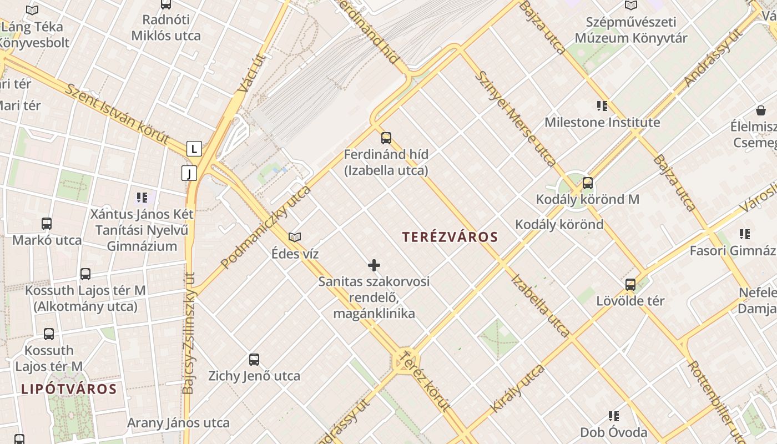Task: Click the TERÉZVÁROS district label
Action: (x=450, y=237)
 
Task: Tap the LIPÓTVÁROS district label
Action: (x=69, y=389)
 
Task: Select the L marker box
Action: (x=194, y=149)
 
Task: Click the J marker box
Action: (x=189, y=173)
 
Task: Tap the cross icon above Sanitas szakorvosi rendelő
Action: (x=374, y=265)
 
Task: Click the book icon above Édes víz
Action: (x=295, y=237)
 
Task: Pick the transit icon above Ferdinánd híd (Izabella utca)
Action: (x=386, y=138)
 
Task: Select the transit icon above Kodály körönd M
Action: (x=587, y=183)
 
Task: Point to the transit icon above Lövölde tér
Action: (x=630, y=285)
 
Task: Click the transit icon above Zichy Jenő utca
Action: (x=254, y=359)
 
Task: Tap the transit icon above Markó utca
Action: (x=47, y=224)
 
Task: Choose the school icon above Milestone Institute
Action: (x=602, y=105)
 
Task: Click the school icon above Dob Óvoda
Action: (x=613, y=416)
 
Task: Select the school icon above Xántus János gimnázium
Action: (x=142, y=197)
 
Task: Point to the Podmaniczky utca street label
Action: (x=266, y=227)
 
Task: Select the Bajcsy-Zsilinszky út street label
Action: (x=189, y=333)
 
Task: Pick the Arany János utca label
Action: (x=178, y=423)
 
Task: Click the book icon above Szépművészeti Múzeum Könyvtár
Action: (x=630, y=6)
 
